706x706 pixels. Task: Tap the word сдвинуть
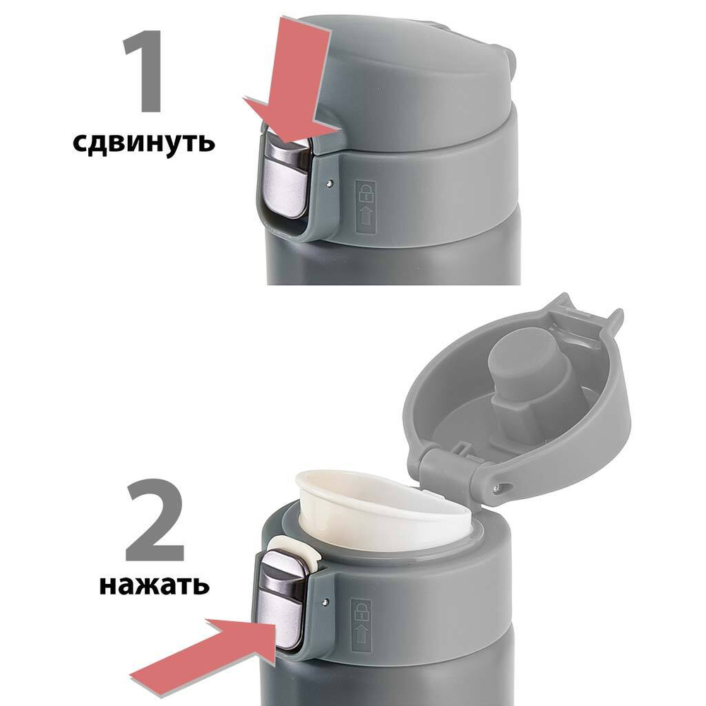[x=143, y=142]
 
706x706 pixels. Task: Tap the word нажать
[x=153, y=585]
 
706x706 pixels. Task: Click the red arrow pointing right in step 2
[x=205, y=642]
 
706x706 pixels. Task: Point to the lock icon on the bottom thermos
[x=361, y=609]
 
